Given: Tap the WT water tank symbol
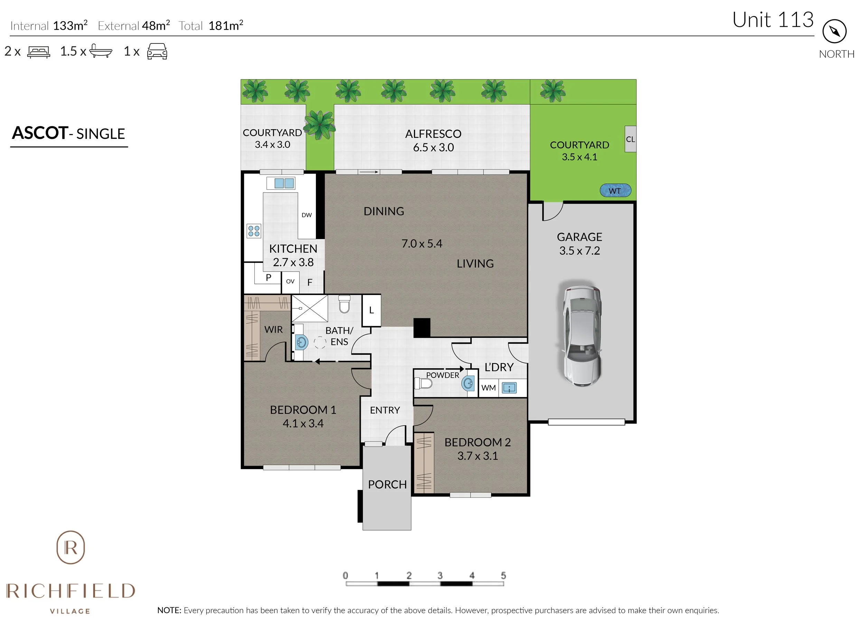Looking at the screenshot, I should tap(615, 191).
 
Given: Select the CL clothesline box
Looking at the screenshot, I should tap(630, 139).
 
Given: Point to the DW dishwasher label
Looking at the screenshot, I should tap(307, 215).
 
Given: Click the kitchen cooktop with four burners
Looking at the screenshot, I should tap(254, 231).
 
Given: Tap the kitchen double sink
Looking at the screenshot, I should tap(284, 183).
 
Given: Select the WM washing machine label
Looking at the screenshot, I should tap(488, 388).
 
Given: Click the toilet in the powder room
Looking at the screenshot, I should tap(423, 383).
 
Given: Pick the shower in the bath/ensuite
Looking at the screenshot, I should tap(309, 308).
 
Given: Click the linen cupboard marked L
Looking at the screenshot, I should tap(372, 310).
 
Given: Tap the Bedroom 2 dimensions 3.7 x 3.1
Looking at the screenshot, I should tap(477, 456).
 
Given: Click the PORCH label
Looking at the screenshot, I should tap(387, 484).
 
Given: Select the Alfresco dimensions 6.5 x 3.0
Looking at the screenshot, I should tap(433, 148).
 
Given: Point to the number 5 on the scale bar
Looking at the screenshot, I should tap(503, 576).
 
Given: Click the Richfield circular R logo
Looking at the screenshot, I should tap(71, 548).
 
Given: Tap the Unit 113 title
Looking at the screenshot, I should tap(773, 20).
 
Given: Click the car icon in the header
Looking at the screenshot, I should tap(157, 51).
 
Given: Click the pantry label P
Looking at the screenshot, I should tap(268, 278).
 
